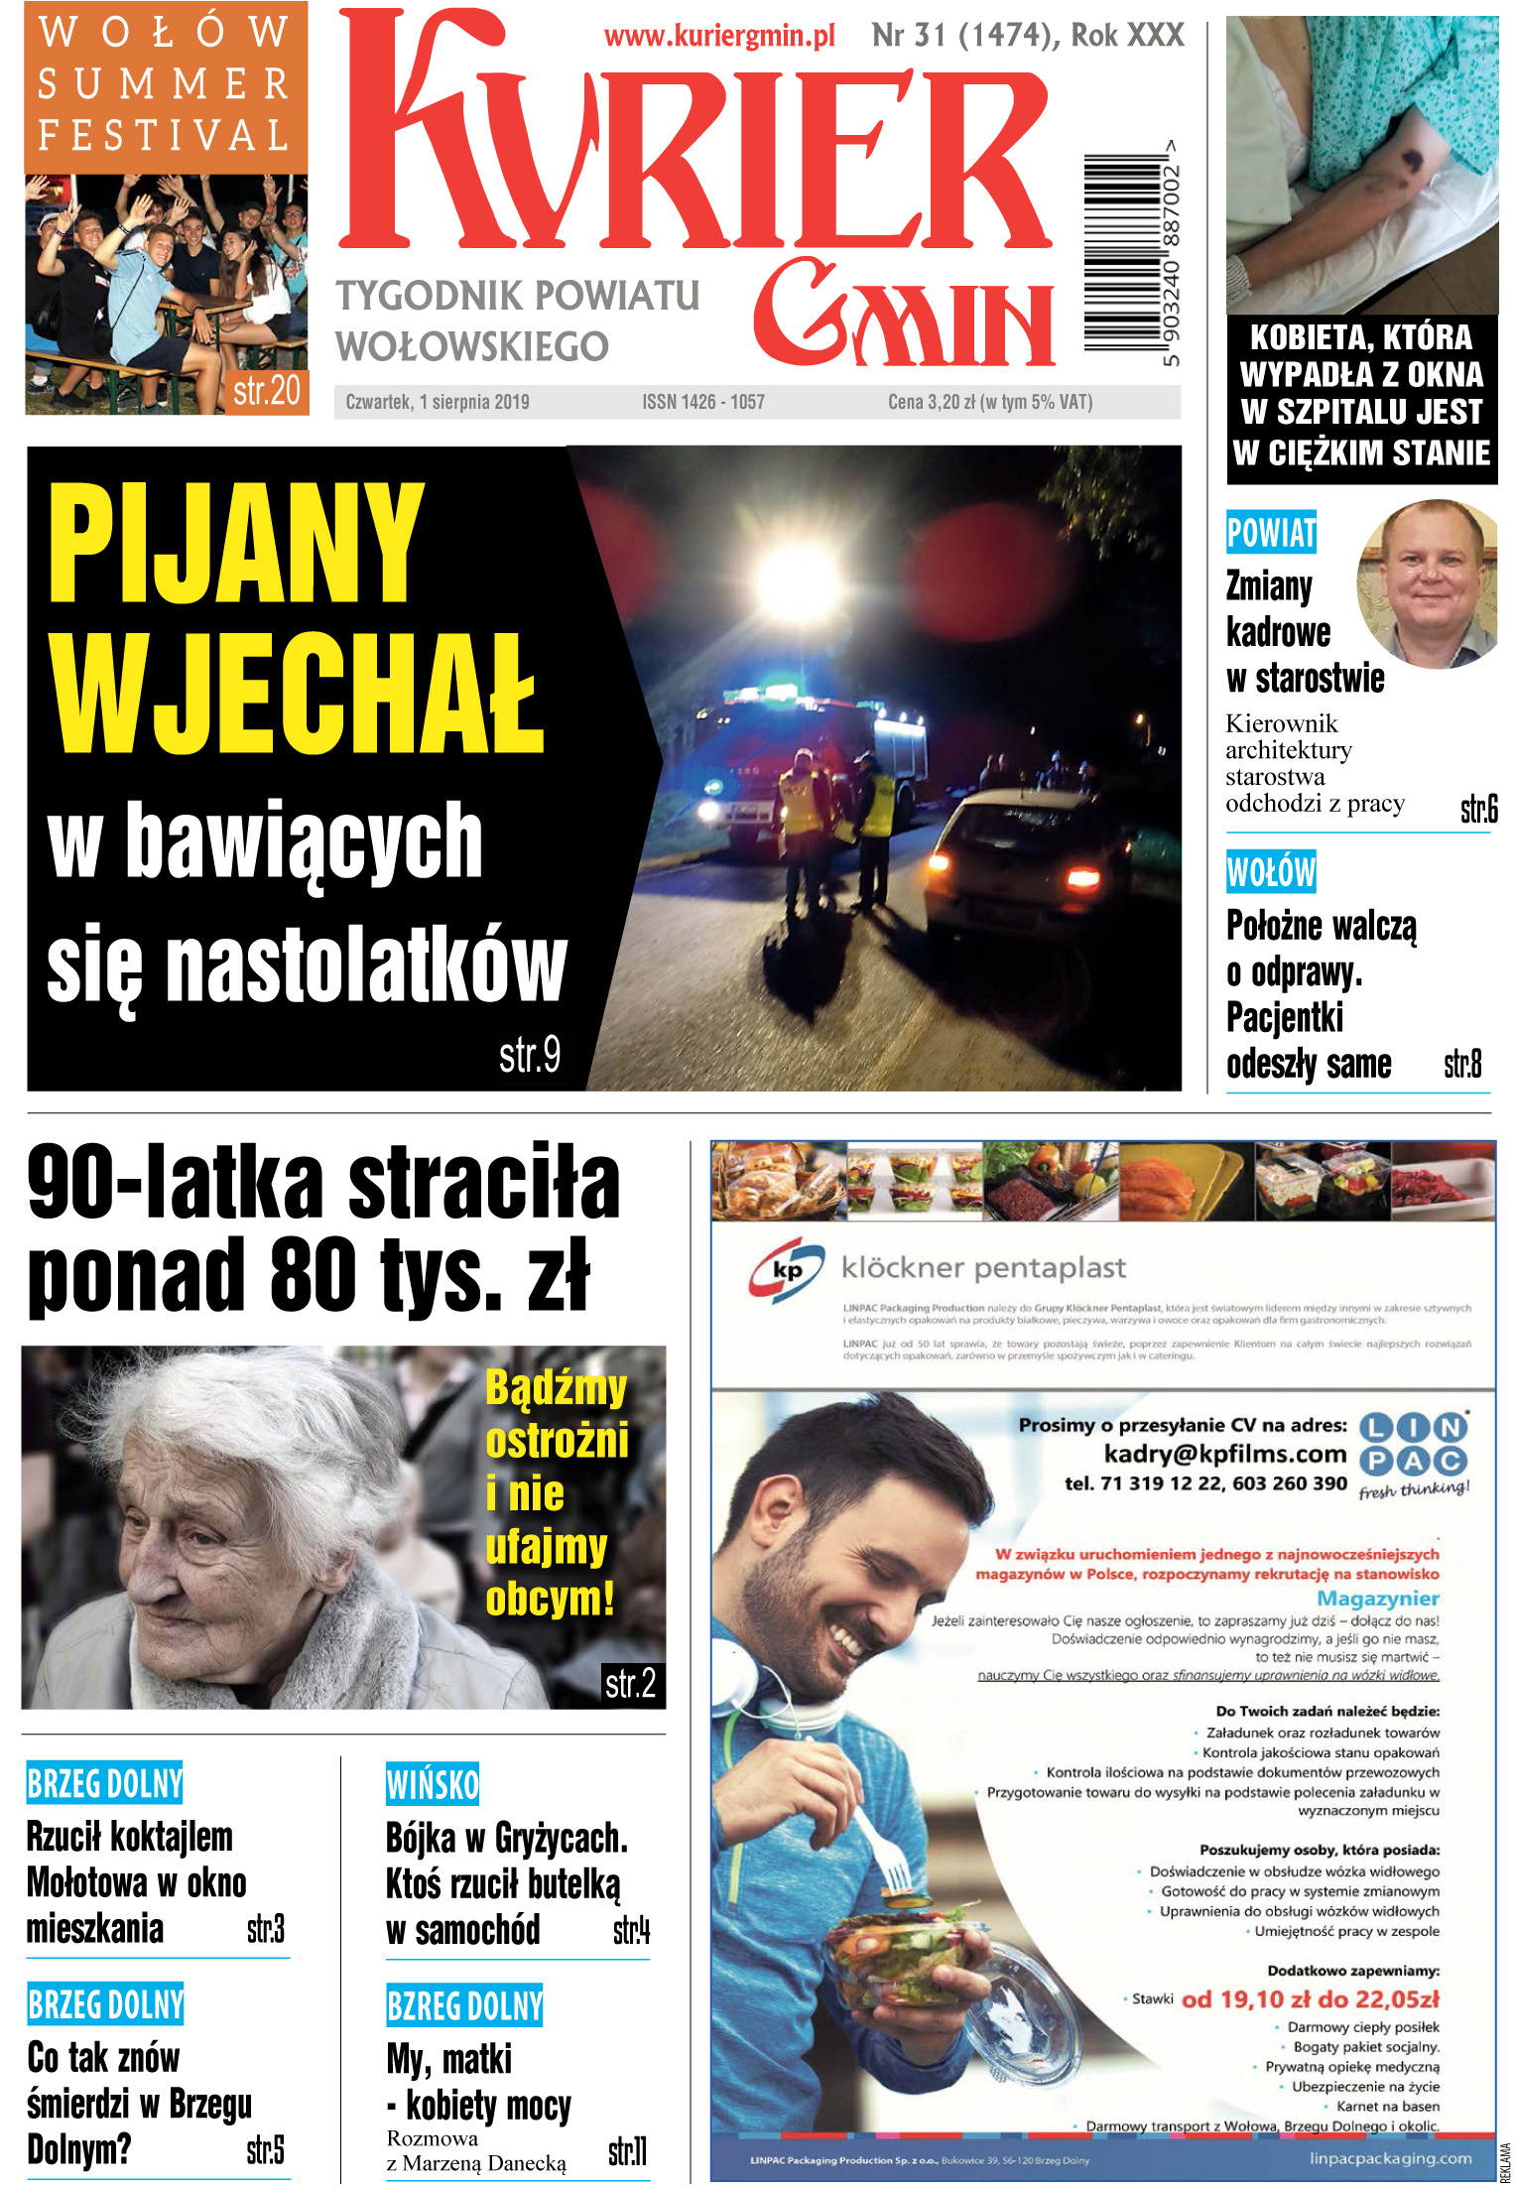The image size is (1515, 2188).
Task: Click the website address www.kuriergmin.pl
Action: click(719, 37)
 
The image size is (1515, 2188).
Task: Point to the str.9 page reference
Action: click(529, 1054)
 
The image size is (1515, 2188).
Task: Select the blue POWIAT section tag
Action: click(1271, 533)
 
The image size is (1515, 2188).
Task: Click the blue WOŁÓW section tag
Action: click(1271, 872)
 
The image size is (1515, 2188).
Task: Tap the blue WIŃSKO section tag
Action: click(432, 1785)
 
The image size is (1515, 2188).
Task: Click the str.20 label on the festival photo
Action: click(266, 391)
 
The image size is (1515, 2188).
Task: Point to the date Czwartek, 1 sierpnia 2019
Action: click(438, 402)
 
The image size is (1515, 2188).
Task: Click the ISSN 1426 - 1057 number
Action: click(702, 402)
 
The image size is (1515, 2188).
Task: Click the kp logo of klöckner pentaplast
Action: click(787, 1269)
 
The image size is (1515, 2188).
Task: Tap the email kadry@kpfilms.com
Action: click(1224, 1455)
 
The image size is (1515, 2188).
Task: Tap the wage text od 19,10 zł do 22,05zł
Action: click(1310, 1998)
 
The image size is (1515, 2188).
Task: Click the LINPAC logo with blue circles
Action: click(1413, 1444)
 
